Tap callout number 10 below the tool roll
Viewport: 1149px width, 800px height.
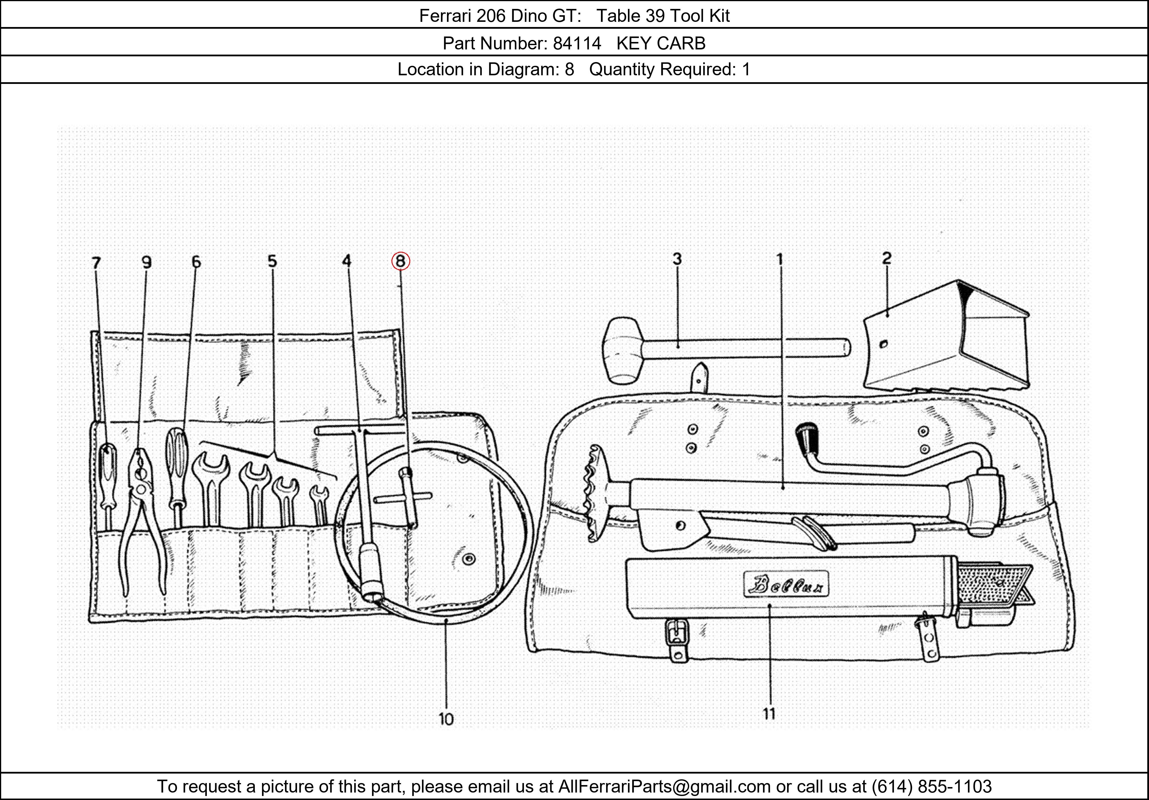(x=446, y=719)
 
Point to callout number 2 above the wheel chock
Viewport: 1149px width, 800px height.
(x=886, y=258)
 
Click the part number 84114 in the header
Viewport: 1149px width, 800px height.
(x=577, y=44)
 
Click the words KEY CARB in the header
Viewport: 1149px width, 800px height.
(x=661, y=44)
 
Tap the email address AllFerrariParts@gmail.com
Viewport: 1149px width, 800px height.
(x=664, y=786)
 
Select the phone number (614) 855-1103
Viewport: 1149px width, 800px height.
(x=931, y=786)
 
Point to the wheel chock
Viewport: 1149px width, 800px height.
(x=946, y=341)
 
